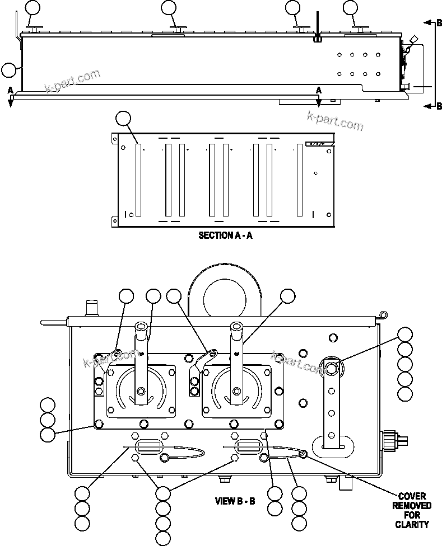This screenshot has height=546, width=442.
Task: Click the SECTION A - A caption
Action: click(225, 236)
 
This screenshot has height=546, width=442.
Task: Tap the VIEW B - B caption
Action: click(235, 501)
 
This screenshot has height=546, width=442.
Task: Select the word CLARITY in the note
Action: click(412, 524)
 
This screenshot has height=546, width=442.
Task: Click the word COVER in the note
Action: click(412, 496)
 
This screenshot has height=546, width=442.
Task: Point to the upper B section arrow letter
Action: click(439, 23)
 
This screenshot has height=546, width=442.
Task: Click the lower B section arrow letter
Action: click(439, 106)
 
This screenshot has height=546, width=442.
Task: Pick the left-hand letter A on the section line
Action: click(10, 90)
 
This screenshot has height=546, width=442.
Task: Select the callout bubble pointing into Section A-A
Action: click(123, 118)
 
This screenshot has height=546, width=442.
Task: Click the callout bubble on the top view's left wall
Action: click(8, 70)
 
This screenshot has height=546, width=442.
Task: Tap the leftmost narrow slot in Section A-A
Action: click(138, 180)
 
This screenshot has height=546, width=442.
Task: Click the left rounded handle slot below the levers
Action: click(148, 446)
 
